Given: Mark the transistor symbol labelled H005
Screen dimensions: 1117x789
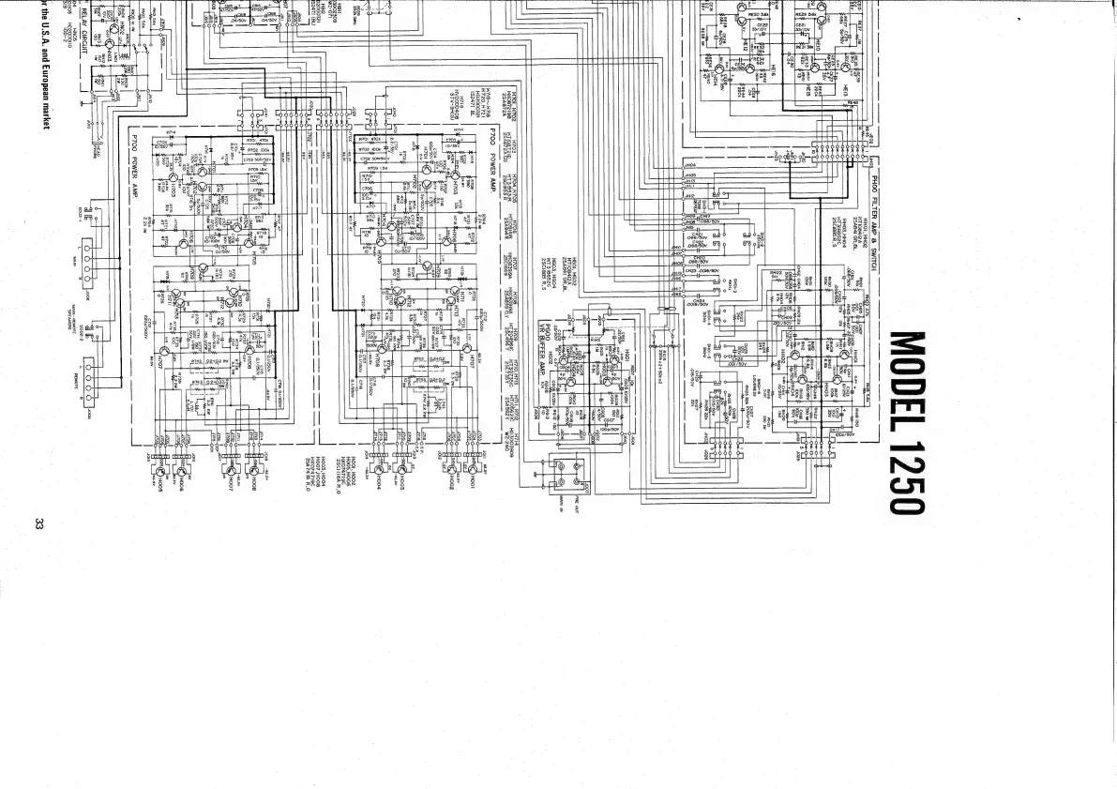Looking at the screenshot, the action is (161, 467).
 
